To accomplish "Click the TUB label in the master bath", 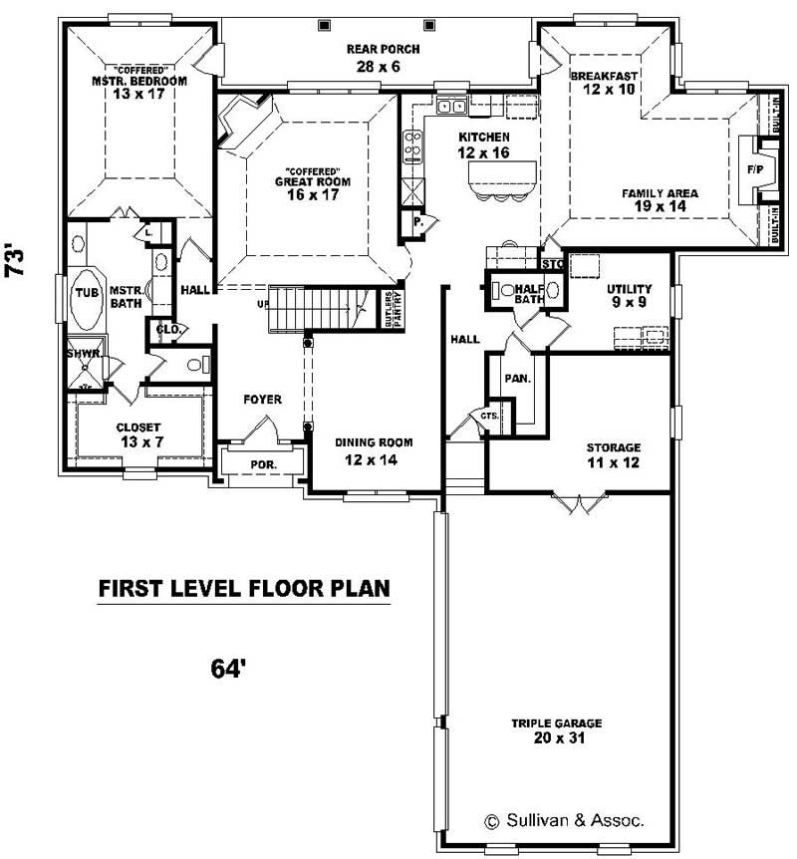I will (85, 292).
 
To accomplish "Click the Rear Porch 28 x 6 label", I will (383, 58).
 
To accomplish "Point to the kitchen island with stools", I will (494, 179).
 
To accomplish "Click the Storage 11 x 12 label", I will (613, 454).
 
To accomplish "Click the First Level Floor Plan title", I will (243, 589).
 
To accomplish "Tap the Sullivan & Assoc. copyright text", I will (564, 821).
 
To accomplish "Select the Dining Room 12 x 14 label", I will (374, 450).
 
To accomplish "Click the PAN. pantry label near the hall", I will (517, 379).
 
